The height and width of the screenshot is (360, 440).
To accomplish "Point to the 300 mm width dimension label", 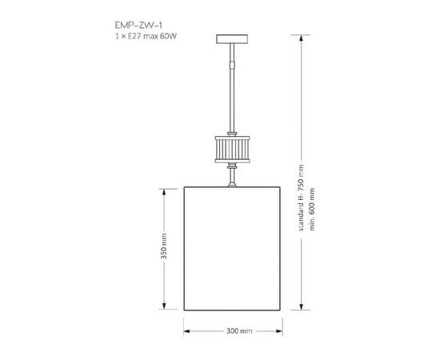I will click(234, 330).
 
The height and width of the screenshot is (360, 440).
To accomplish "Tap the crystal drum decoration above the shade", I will click(234, 148).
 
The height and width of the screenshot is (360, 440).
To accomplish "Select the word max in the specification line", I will click(149, 37).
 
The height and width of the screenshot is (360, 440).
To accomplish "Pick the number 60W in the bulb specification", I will click(166, 37).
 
